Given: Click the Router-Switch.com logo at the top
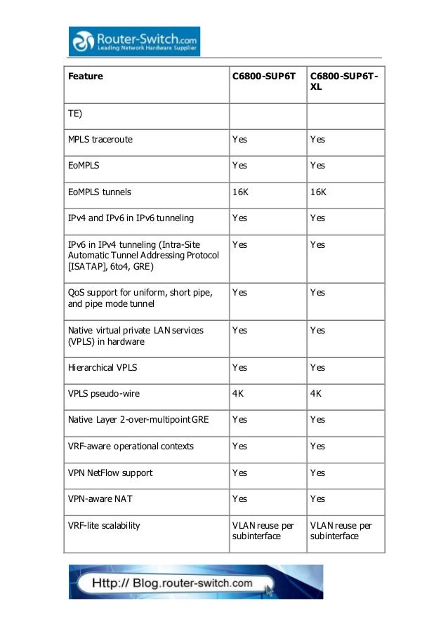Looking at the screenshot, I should (134, 41).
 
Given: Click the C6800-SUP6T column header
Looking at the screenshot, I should (263, 76).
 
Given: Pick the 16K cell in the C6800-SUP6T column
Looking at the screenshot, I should (240, 192).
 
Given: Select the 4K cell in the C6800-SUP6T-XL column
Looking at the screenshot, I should (315, 393).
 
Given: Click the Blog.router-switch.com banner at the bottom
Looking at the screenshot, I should (195, 582).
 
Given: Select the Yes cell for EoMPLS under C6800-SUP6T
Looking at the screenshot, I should (239, 166).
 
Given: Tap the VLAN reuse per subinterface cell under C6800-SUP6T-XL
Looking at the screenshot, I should (341, 531).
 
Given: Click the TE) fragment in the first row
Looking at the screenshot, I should (74, 114).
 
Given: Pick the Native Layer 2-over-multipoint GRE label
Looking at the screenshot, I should (138, 419).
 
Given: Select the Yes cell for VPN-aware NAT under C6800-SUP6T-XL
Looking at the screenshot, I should (317, 498).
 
